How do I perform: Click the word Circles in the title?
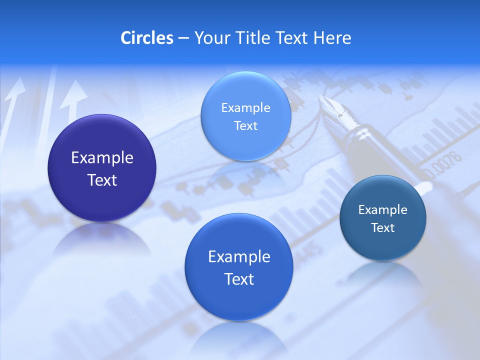[x=146, y=38]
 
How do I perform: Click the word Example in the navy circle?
[x=102, y=158]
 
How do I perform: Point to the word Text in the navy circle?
[x=102, y=180]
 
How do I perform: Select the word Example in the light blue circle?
[x=245, y=108]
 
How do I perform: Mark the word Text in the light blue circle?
[x=245, y=126]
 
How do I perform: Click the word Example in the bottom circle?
[x=239, y=257]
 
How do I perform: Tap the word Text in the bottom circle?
[x=239, y=279]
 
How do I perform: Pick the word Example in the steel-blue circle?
[x=383, y=210]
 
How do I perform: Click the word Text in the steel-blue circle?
[x=383, y=228]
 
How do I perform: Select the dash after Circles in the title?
[x=183, y=38]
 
